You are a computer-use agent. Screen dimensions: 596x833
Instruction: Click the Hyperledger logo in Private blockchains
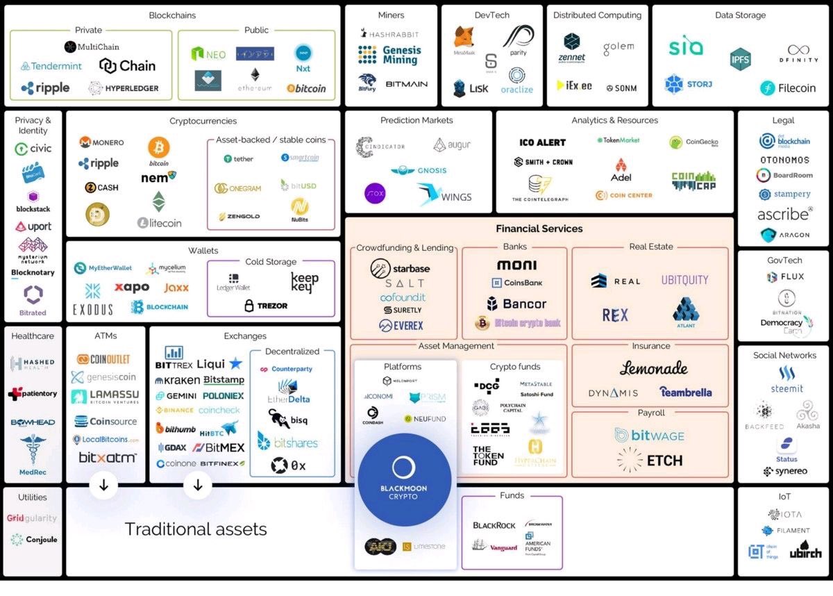(123, 88)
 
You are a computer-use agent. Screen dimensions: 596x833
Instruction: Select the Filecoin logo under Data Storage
(787, 88)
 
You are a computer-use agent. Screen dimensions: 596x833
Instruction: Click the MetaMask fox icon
(464, 38)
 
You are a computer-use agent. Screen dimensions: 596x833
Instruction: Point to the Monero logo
(101, 142)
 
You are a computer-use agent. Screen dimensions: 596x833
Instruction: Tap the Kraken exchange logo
(177, 381)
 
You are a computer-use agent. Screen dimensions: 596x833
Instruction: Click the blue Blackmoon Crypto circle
(403, 479)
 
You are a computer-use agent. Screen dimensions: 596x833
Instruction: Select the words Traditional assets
(196, 529)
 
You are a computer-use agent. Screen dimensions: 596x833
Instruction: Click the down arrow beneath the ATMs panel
(103, 485)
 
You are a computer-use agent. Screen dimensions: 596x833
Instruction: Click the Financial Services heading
(539, 229)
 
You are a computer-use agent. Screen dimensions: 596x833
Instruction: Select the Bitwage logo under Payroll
(649, 436)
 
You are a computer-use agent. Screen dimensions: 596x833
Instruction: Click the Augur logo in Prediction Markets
(452, 145)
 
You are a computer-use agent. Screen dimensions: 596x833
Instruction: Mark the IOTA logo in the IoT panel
(784, 515)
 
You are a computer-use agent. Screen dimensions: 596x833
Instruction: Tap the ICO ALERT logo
(542, 142)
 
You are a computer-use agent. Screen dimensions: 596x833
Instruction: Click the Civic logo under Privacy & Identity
(33, 149)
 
